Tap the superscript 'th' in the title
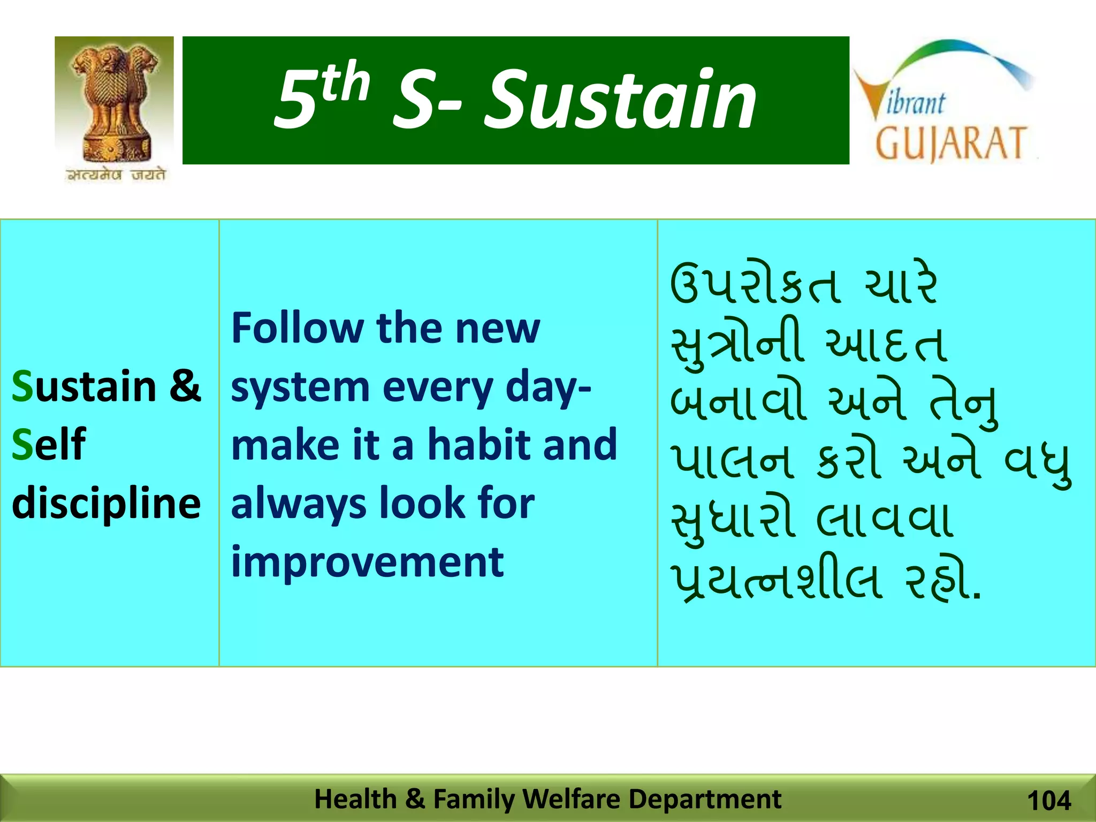pos(346,82)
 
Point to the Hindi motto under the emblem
pos(116,175)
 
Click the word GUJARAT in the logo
pos(950,143)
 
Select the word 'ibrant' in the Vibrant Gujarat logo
pos(916,103)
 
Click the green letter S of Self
pos(22,444)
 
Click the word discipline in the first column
pos(106,503)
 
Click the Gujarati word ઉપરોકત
pos(753,285)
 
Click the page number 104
pos(1049,801)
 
